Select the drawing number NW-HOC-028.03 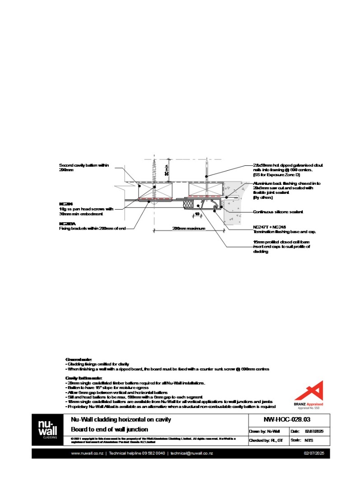287,420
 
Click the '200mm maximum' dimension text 189,229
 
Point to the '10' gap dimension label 197,214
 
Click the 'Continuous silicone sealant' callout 278,211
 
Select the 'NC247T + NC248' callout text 270,227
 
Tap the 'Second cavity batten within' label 84,165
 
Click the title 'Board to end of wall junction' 109,430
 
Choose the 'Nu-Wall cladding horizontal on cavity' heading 121,420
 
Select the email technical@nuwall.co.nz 191,453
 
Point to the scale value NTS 309,440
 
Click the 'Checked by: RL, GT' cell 266,440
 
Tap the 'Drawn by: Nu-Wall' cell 264,431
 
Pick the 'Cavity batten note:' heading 84,378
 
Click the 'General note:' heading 79,359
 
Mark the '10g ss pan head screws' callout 86,209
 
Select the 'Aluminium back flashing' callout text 286,183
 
